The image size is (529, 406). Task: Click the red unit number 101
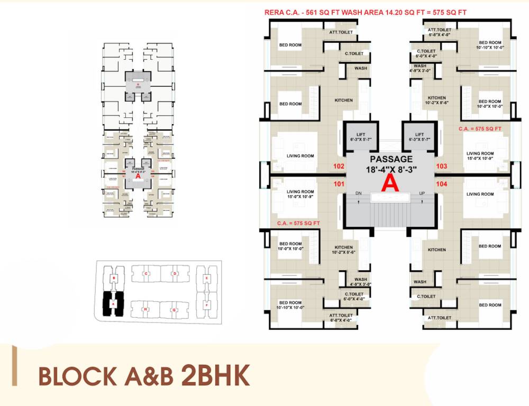point(339,184)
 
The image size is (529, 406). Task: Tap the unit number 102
point(339,166)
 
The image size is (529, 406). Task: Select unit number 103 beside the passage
point(442,166)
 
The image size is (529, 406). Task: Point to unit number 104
point(442,184)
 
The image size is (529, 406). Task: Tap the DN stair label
point(359,193)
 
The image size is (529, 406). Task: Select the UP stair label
point(422,193)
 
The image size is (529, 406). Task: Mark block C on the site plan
point(145,273)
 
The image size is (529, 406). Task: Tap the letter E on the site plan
point(206,277)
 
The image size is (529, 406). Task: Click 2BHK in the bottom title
point(215,376)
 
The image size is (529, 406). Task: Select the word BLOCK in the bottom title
point(78,377)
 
